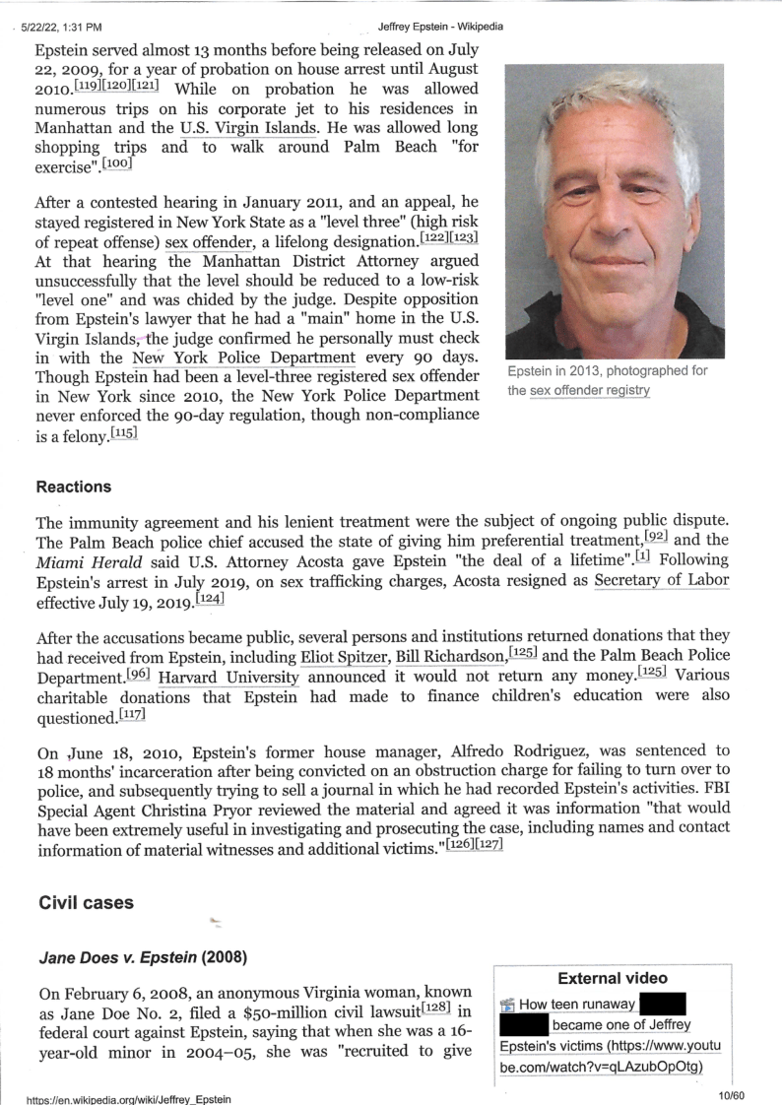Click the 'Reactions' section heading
(73, 487)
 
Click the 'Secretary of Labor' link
(661, 580)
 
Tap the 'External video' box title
(613, 978)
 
